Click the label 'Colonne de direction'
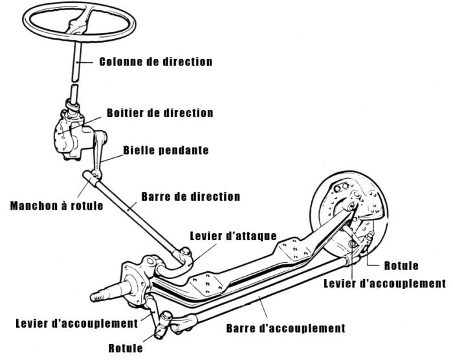click(156, 62)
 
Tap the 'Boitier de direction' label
click(160, 113)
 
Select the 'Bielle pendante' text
click(166, 150)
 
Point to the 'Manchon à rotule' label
click(57, 206)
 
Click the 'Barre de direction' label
click(191, 197)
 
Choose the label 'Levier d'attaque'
click(233, 236)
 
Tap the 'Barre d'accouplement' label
click(286, 328)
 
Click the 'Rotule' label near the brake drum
click(401, 265)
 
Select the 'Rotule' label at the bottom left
click(126, 348)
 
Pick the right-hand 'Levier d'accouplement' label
click(385, 284)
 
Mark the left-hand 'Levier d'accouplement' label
click(77, 323)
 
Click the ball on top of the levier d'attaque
click(186, 252)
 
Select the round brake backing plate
click(349, 211)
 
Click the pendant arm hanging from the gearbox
click(100, 153)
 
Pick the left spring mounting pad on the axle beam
click(206, 284)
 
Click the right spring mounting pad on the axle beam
click(294, 249)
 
